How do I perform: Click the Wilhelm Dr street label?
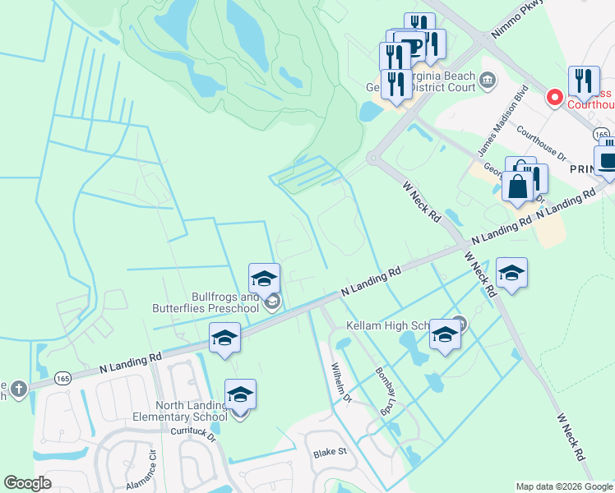(x=341, y=384)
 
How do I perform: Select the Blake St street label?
(x=330, y=453)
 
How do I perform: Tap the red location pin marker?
(x=554, y=98)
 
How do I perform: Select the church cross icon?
(x=18, y=387)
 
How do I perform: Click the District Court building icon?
(x=488, y=80)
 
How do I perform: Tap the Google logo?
(x=28, y=483)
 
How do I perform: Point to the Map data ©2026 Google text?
(x=564, y=486)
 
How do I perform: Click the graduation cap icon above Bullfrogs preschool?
(x=265, y=278)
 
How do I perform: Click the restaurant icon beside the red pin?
(x=584, y=81)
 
